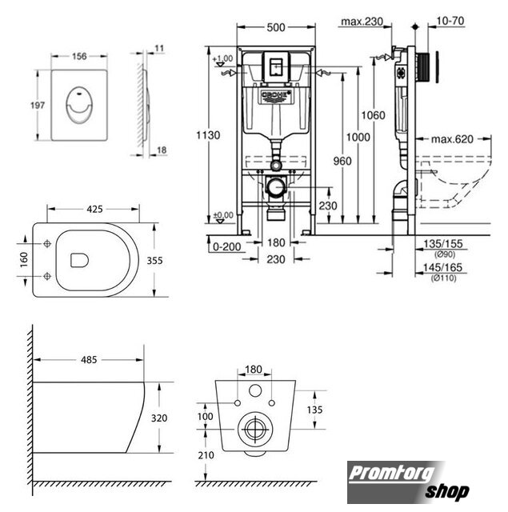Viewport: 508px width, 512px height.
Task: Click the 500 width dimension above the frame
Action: (276, 28)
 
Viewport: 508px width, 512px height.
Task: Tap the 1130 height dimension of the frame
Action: (208, 135)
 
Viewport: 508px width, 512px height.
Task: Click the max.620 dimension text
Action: (452, 139)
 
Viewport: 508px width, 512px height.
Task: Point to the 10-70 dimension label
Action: (450, 21)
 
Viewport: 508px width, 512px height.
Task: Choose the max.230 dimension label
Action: (362, 22)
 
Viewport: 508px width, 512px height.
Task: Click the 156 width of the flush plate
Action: (79, 56)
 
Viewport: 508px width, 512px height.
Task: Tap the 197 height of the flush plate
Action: (38, 105)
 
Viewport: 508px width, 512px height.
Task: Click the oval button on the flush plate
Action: (79, 106)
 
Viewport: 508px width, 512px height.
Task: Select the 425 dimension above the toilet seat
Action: (94, 209)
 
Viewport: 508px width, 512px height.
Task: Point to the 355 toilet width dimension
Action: (154, 261)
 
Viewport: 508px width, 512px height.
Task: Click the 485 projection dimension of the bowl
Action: (89, 359)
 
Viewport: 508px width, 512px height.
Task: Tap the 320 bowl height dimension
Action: (159, 418)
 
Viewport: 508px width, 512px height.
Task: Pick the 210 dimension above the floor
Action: (206, 455)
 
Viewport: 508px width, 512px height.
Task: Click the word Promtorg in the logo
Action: (392, 474)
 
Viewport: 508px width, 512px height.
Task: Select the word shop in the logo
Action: (447, 492)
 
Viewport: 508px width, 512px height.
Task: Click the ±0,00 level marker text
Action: (223, 215)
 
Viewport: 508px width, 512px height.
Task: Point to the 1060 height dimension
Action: (373, 115)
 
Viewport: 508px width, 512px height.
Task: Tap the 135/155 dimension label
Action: (443, 243)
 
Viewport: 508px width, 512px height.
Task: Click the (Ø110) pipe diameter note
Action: (443, 278)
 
